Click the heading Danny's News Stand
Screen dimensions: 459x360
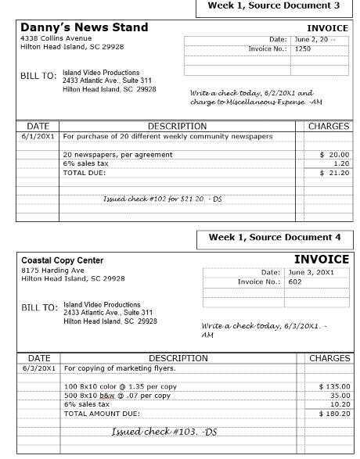pyautogui.click(x=84, y=27)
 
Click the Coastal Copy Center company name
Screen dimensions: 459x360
pyautogui.click(x=62, y=260)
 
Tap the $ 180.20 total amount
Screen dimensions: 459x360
pyautogui.click(x=332, y=414)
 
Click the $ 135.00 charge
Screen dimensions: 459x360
pyautogui.click(x=332, y=385)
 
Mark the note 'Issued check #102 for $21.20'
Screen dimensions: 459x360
pyautogui.click(x=162, y=199)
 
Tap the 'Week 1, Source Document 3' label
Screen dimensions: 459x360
pyautogui.click(x=273, y=6)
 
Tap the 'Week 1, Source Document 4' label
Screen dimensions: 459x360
pyautogui.click(x=273, y=237)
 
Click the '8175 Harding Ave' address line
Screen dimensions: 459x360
pyautogui.click(x=52, y=270)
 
